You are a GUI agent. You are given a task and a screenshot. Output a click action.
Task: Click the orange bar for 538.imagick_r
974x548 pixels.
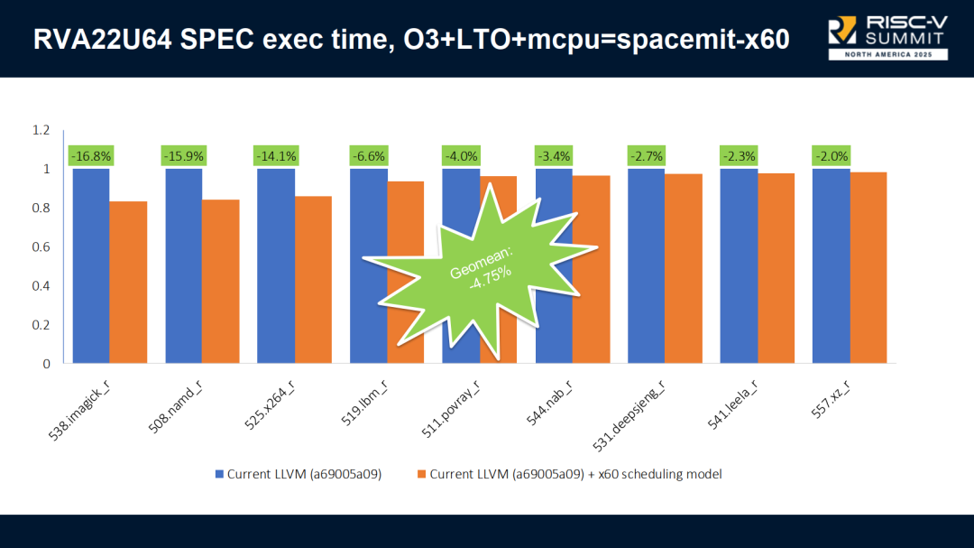point(128,282)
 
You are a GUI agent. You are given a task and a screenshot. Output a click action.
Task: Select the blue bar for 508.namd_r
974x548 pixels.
point(183,265)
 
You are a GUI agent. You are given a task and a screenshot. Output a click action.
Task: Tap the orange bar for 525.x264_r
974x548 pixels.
point(313,279)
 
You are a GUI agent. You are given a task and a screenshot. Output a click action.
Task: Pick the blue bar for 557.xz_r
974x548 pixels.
point(831,265)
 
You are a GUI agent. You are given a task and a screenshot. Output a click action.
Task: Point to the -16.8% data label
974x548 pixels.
point(90,156)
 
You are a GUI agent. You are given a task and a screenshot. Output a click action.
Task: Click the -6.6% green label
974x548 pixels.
point(369,156)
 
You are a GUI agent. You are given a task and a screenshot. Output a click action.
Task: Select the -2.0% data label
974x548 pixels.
point(832,156)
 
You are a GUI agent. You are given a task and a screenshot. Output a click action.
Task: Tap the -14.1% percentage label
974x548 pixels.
point(276,156)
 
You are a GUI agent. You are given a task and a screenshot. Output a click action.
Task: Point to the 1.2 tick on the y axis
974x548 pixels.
point(41,130)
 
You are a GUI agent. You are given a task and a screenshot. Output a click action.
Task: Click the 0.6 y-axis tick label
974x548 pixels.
point(41,246)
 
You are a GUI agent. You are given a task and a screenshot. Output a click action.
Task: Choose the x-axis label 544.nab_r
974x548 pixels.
point(552,402)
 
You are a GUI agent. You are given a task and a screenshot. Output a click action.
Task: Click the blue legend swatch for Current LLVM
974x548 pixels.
point(219,474)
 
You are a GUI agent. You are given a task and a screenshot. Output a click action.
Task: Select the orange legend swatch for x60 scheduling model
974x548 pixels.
point(421,474)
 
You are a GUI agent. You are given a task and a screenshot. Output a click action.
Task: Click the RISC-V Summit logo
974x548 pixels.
point(887,36)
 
